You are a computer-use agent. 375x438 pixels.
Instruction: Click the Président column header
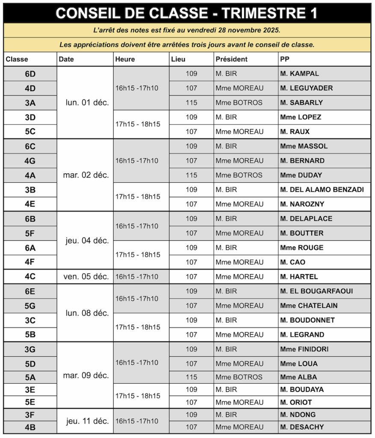coord(231,59)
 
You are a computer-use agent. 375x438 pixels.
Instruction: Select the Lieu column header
coord(178,59)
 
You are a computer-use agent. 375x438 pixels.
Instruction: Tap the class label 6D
coord(30,74)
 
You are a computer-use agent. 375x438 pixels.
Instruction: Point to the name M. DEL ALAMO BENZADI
coord(322,189)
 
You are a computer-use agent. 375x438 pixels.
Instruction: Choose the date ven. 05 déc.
coord(86,277)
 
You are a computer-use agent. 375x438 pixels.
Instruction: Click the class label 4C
coord(30,277)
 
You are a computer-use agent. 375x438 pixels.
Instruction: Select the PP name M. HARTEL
coord(299,277)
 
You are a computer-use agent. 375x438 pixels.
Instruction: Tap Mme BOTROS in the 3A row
coord(239,103)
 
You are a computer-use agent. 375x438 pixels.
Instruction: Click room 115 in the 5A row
coord(191,377)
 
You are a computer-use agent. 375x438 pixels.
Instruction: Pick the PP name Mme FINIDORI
coord(304,349)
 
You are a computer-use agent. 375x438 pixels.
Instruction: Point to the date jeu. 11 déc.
coord(87,421)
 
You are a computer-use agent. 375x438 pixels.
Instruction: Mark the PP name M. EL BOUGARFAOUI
coord(316,291)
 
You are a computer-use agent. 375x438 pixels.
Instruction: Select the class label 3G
coord(30,349)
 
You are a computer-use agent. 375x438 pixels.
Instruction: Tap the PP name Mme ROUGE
coord(301,248)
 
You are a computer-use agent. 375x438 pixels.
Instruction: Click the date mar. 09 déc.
coord(86,376)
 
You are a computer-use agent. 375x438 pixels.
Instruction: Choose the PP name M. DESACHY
coord(302,427)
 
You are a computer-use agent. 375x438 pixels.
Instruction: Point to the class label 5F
coord(30,234)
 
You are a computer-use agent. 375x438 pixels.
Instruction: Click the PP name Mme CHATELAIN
coord(309,305)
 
